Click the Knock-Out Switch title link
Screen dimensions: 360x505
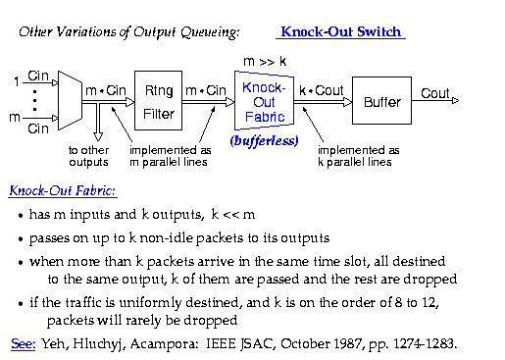tap(341, 32)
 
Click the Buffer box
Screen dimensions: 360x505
tap(381, 101)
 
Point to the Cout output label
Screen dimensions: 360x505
tap(435, 93)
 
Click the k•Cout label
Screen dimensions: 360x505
tap(322, 90)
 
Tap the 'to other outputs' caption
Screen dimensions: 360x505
tap(90, 156)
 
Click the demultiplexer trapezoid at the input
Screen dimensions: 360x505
tap(70, 100)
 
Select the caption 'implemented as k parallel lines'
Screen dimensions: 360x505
tap(359, 156)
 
